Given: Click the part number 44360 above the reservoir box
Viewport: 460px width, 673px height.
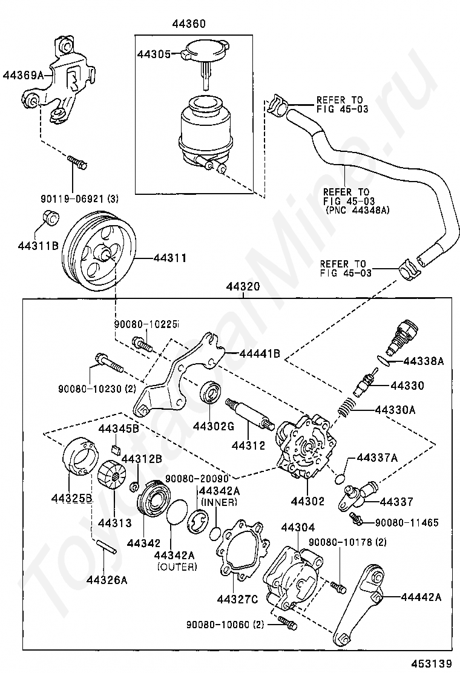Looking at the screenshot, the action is coord(189,24).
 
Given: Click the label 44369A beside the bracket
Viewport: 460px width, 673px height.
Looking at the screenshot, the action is coord(24,76).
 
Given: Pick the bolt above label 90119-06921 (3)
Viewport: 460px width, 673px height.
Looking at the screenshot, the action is coord(77,163).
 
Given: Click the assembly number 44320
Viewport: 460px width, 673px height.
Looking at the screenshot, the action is coord(243,287).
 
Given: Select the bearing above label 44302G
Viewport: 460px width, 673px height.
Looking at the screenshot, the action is coord(211,392).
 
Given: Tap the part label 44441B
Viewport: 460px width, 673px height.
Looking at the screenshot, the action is coord(260,353).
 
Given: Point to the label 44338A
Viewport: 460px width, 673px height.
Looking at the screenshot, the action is coord(423,361).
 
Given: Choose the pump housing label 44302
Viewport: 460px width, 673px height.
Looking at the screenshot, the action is coord(307,501).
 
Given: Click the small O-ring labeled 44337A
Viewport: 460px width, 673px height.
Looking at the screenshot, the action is coord(340,478).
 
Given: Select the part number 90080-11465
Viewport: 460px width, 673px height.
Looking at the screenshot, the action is coord(407,523).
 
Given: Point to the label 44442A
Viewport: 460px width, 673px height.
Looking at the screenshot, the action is coord(421,597).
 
